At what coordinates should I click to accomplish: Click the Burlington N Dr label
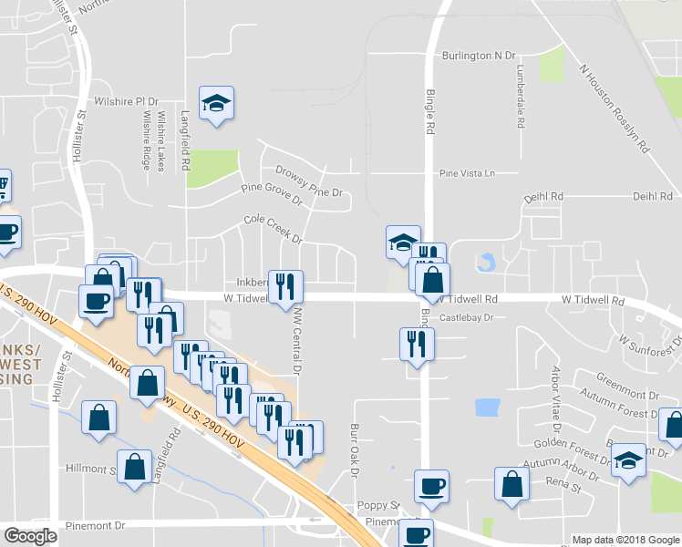(479, 56)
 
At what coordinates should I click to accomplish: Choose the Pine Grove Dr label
(271, 193)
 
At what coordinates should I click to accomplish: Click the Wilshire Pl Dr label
(126, 101)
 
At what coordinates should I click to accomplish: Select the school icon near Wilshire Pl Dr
(217, 103)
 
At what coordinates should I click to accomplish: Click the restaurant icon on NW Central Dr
(285, 287)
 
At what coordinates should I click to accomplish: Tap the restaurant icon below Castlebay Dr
(417, 345)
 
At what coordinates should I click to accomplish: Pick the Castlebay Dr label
(466, 318)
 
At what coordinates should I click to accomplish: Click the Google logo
(31, 536)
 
